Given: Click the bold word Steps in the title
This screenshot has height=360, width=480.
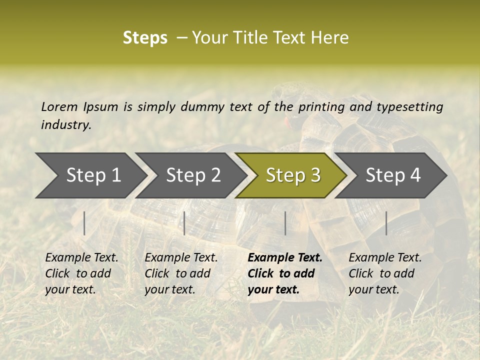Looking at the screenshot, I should point(145,38).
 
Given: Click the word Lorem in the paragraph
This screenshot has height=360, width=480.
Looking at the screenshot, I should point(59,106).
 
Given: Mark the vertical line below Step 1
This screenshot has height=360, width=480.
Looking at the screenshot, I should point(84,223).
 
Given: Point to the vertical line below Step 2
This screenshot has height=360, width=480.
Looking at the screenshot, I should point(184,223).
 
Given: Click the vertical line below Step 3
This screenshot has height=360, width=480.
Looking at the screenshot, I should point(285,223).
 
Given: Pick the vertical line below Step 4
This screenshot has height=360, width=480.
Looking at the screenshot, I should point(386,223).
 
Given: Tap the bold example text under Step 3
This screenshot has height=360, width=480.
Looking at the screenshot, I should point(284,273).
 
